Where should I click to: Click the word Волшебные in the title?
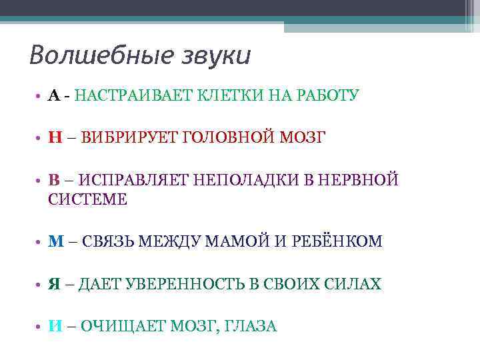94,55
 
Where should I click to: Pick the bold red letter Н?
55,138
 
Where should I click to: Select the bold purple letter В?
54,180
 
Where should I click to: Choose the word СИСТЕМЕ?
87,199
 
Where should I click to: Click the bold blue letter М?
55,242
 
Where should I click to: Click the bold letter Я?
55,285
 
